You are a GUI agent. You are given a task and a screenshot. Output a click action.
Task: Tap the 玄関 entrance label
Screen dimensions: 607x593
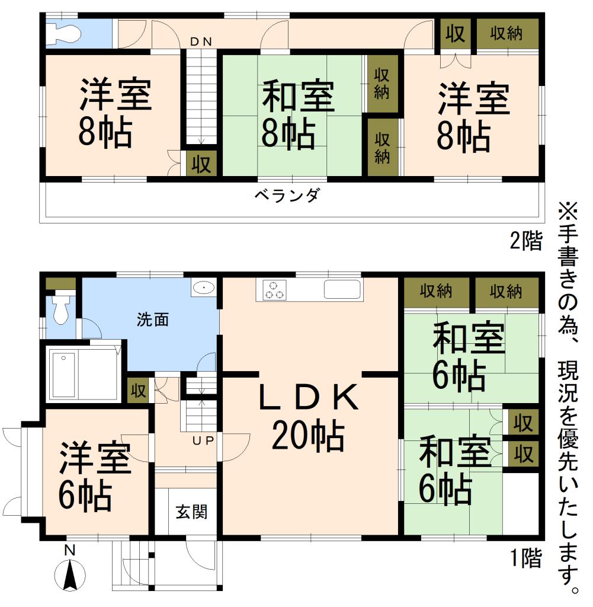click(x=191, y=511)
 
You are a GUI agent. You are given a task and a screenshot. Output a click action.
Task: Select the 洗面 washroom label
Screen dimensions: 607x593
click(x=153, y=320)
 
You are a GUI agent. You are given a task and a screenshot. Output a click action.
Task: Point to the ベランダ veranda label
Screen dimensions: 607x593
click(x=287, y=194)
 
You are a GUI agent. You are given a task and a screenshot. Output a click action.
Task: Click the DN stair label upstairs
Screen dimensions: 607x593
click(x=201, y=41)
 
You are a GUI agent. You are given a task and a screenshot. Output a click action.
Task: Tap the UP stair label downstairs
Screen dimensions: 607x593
click(x=202, y=440)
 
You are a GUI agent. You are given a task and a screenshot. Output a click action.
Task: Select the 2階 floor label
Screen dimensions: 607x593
click(x=525, y=241)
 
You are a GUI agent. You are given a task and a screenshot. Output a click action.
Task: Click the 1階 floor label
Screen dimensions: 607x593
click(x=525, y=557)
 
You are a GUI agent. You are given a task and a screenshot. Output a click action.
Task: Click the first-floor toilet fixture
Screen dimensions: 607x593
click(x=61, y=309)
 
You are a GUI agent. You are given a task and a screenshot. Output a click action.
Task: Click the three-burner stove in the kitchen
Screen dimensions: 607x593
click(x=274, y=290)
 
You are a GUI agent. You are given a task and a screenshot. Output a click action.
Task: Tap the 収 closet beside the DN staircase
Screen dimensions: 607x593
click(x=201, y=164)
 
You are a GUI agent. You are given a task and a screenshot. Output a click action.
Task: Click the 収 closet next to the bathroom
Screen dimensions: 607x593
click(x=138, y=391)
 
